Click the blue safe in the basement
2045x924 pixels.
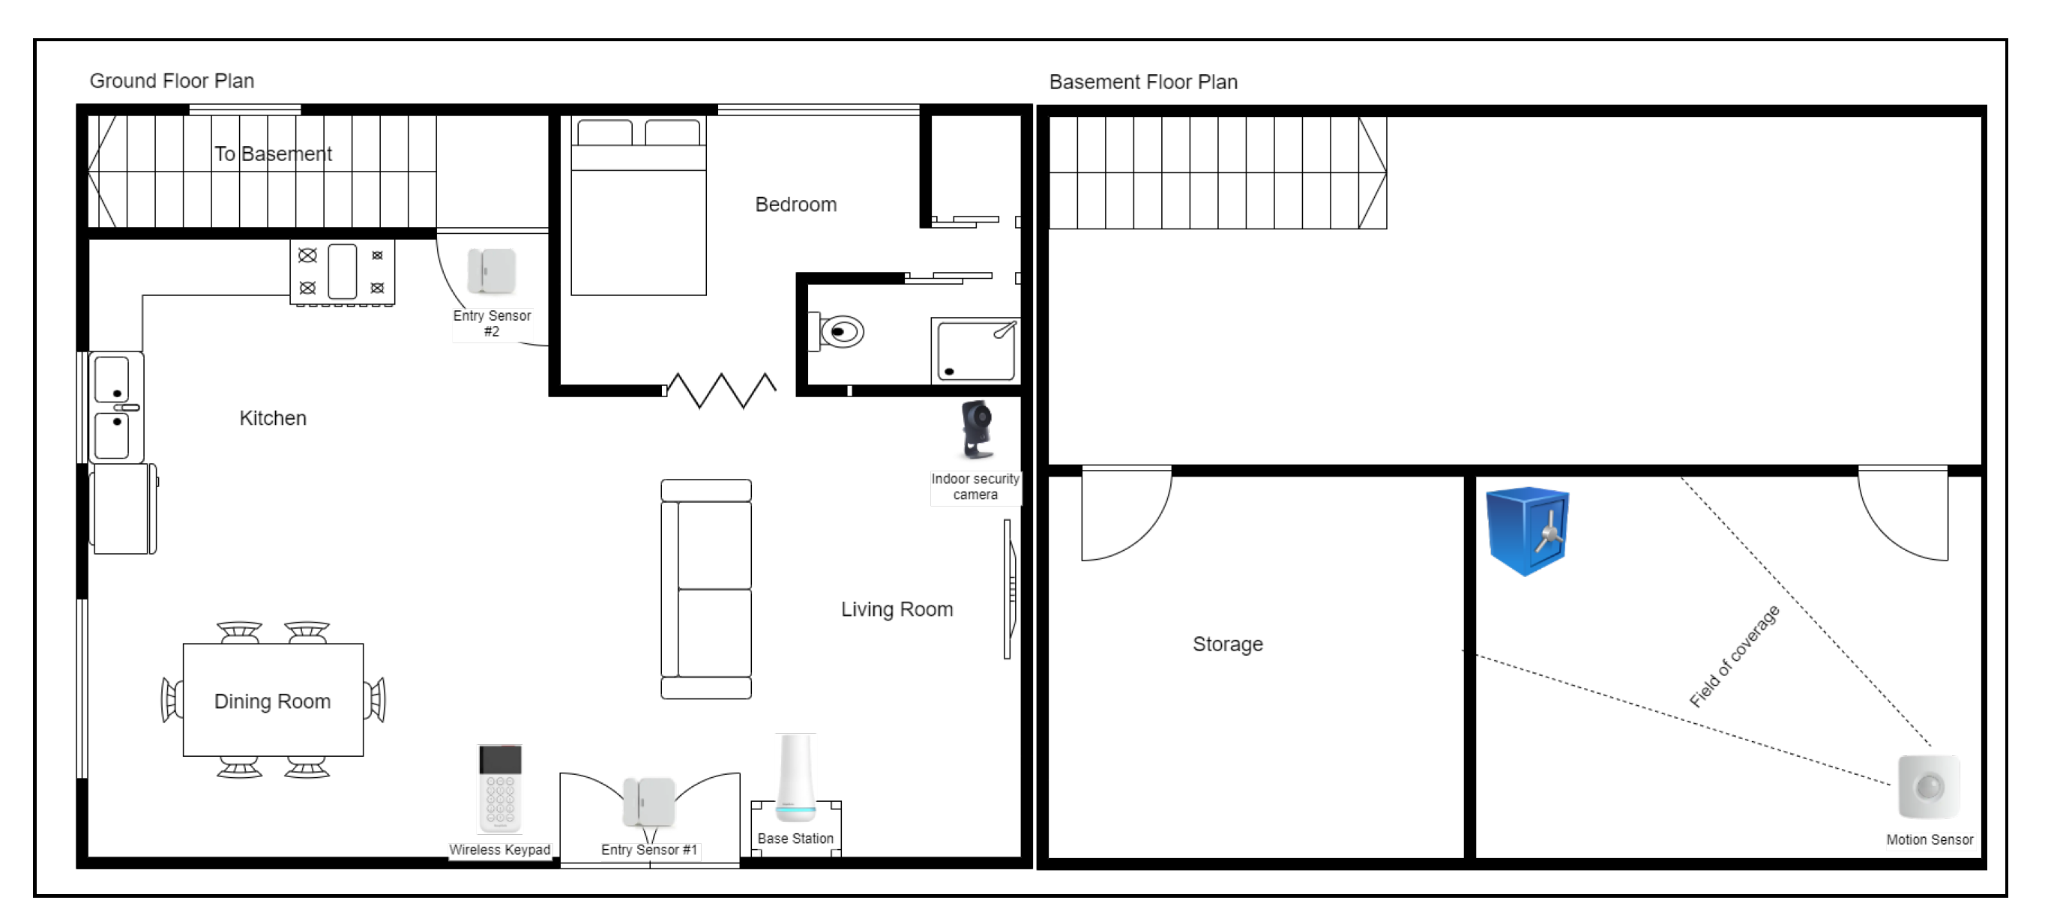(x=1526, y=531)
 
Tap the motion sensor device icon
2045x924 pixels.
(x=1928, y=787)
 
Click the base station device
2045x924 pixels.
(x=795, y=778)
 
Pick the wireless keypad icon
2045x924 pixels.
(x=500, y=788)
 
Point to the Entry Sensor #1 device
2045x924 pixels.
(x=648, y=803)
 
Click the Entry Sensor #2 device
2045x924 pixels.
(x=492, y=271)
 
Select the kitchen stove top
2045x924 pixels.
(x=342, y=272)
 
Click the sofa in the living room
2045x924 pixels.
(x=705, y=589)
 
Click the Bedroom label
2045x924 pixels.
(x=795, y=205)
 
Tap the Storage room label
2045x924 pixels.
(x=1227, y=644)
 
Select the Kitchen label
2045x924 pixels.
(x=273, y=418)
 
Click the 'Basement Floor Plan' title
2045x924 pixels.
(x=1143, y=82)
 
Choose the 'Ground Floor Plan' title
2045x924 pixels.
(x=172, y=81)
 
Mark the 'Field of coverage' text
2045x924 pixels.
(x=1735, y=656)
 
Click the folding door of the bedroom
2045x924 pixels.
(x=721, y=390)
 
